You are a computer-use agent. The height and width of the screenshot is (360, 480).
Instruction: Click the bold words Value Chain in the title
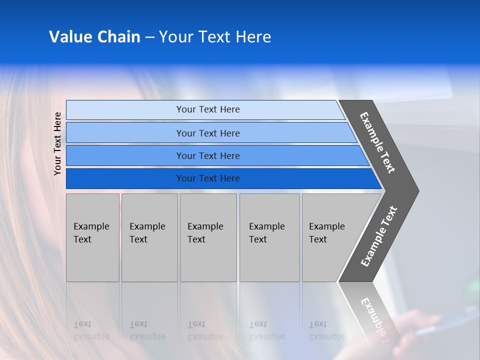click(x=94, y=37)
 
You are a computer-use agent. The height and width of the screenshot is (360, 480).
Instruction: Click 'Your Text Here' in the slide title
click(x=215, y=37)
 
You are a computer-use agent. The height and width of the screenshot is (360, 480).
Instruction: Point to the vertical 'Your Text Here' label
click(x=57, y=143)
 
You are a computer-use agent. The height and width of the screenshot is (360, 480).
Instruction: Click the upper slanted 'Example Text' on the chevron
click(x=377, y=142)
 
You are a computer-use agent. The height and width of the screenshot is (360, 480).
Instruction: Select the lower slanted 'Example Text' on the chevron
click(x=379, y=236)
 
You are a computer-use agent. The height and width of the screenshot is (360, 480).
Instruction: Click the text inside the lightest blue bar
click(x=208, y=109)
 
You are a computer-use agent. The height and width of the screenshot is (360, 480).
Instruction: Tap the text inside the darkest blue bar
click(x=208, y=178)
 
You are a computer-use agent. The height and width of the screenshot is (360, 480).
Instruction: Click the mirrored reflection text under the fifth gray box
click(x=326, y=330)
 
